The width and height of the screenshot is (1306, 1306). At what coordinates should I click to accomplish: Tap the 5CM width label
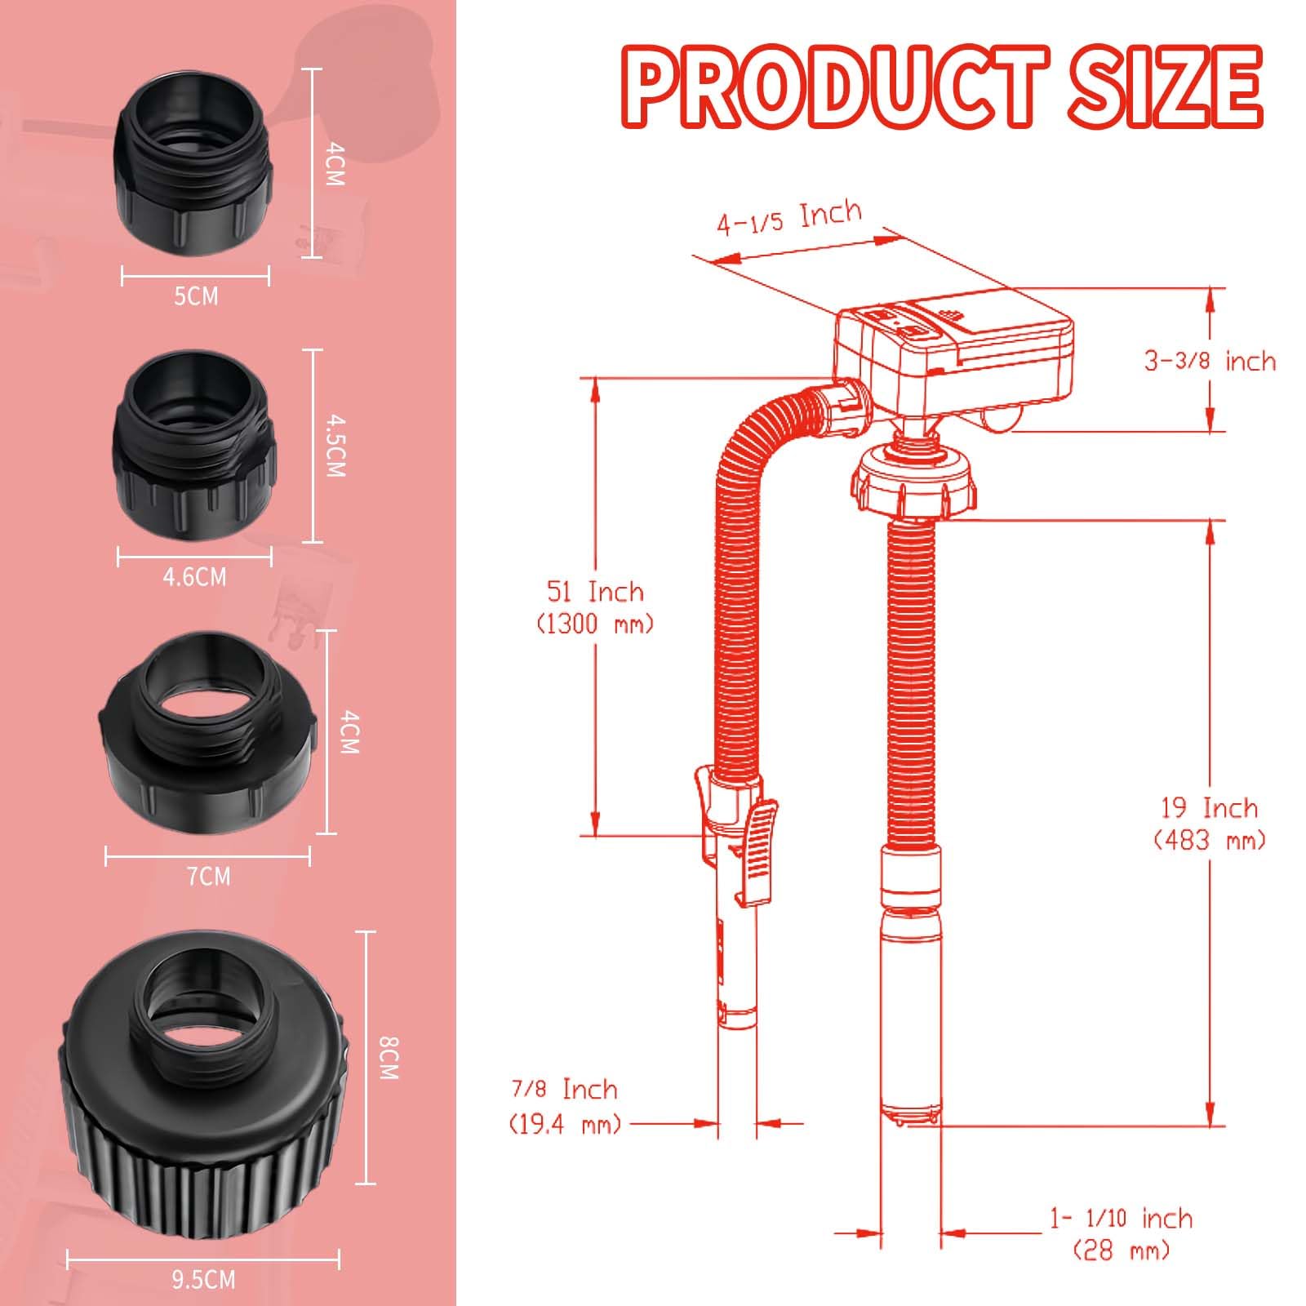point(197,295)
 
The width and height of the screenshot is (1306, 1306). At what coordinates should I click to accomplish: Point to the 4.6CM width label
point(194,577)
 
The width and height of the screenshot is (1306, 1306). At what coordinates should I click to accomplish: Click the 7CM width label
point(209,877)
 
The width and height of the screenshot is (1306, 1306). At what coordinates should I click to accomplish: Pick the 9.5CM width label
point(203,1279)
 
